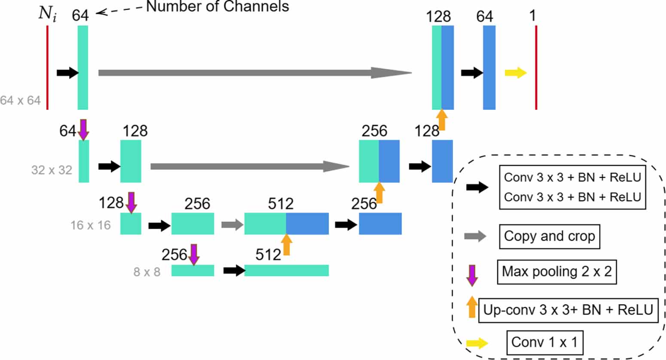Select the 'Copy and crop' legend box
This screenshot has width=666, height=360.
[x=549, y=236]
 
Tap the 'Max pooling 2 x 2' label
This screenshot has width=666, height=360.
[x=557, y=272]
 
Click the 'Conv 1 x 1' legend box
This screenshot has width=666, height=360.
[x=544, y=342]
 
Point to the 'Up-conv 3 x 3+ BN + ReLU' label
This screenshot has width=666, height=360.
[x=568, y=310]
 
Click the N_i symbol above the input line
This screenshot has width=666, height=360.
[x=47, y=14]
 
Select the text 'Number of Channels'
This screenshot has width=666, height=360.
[x=218, y=6]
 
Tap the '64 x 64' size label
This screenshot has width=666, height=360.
[x=20, y=100]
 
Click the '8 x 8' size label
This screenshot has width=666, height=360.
[x=146, y=272]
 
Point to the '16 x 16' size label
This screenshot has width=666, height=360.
[x=90, y=225]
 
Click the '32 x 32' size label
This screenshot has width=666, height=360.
[x=52, y=170]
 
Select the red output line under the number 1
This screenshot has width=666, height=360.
[x=536, y=67]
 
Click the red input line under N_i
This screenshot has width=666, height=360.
[x=47, y=67]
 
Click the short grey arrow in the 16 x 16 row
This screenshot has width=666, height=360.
[x=232, y=224]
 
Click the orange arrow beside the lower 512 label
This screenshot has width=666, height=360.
[x=286, y=245]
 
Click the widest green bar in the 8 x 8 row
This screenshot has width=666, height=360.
[x=286, y=270]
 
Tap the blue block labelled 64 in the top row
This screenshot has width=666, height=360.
[x=489, y=67]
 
